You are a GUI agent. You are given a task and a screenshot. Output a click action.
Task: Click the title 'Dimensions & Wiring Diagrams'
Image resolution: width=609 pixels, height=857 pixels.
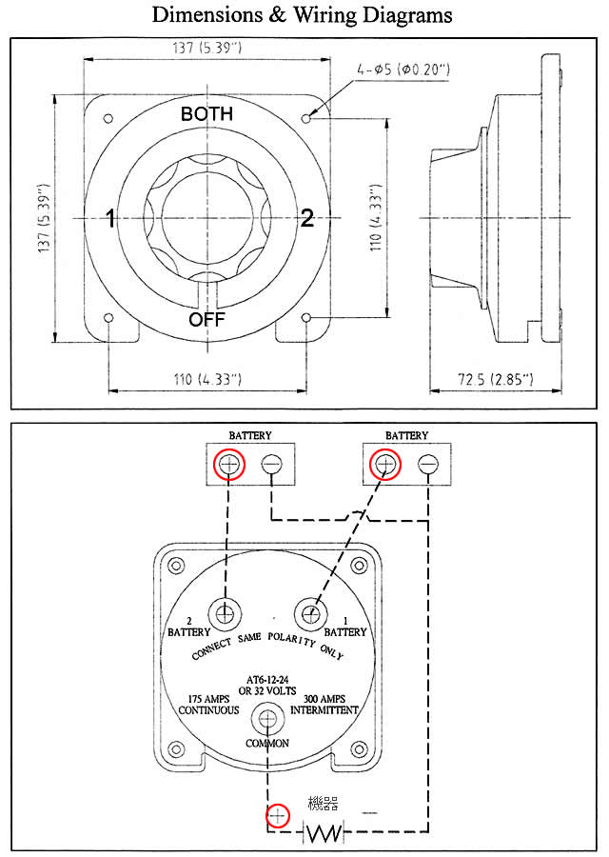tap(302, 15)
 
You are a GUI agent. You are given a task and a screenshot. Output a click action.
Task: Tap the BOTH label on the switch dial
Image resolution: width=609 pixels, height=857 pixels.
tap(206, 113)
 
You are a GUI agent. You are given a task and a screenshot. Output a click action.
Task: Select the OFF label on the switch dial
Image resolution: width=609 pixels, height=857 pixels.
tap(206, 319)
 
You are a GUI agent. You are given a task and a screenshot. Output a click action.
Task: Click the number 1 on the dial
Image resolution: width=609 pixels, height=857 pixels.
tap(110, 219)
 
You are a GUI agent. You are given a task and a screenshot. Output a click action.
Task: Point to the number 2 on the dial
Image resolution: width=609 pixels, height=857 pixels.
tap(306, 218)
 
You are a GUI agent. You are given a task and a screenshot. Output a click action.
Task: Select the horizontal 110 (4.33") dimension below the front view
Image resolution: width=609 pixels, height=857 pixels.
tap(207, 380)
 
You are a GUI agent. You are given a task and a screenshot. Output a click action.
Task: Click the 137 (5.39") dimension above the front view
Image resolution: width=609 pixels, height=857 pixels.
tap(206, 48)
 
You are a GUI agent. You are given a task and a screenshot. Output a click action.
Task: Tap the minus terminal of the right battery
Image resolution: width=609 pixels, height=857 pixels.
tap(428, 465)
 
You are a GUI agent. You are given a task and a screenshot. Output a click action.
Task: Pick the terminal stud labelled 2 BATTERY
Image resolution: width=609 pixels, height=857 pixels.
tap(226, 613)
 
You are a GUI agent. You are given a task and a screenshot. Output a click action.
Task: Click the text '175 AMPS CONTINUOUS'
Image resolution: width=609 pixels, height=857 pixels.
tap(208, 705)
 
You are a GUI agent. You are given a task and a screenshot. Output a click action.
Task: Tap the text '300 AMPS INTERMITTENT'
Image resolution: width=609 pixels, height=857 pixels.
tap(324, 705)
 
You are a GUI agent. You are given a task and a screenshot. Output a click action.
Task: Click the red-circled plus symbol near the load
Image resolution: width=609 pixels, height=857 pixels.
tap(277, 816)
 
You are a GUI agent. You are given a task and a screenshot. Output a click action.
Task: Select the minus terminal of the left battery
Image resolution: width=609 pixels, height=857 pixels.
tap(272, 465)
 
